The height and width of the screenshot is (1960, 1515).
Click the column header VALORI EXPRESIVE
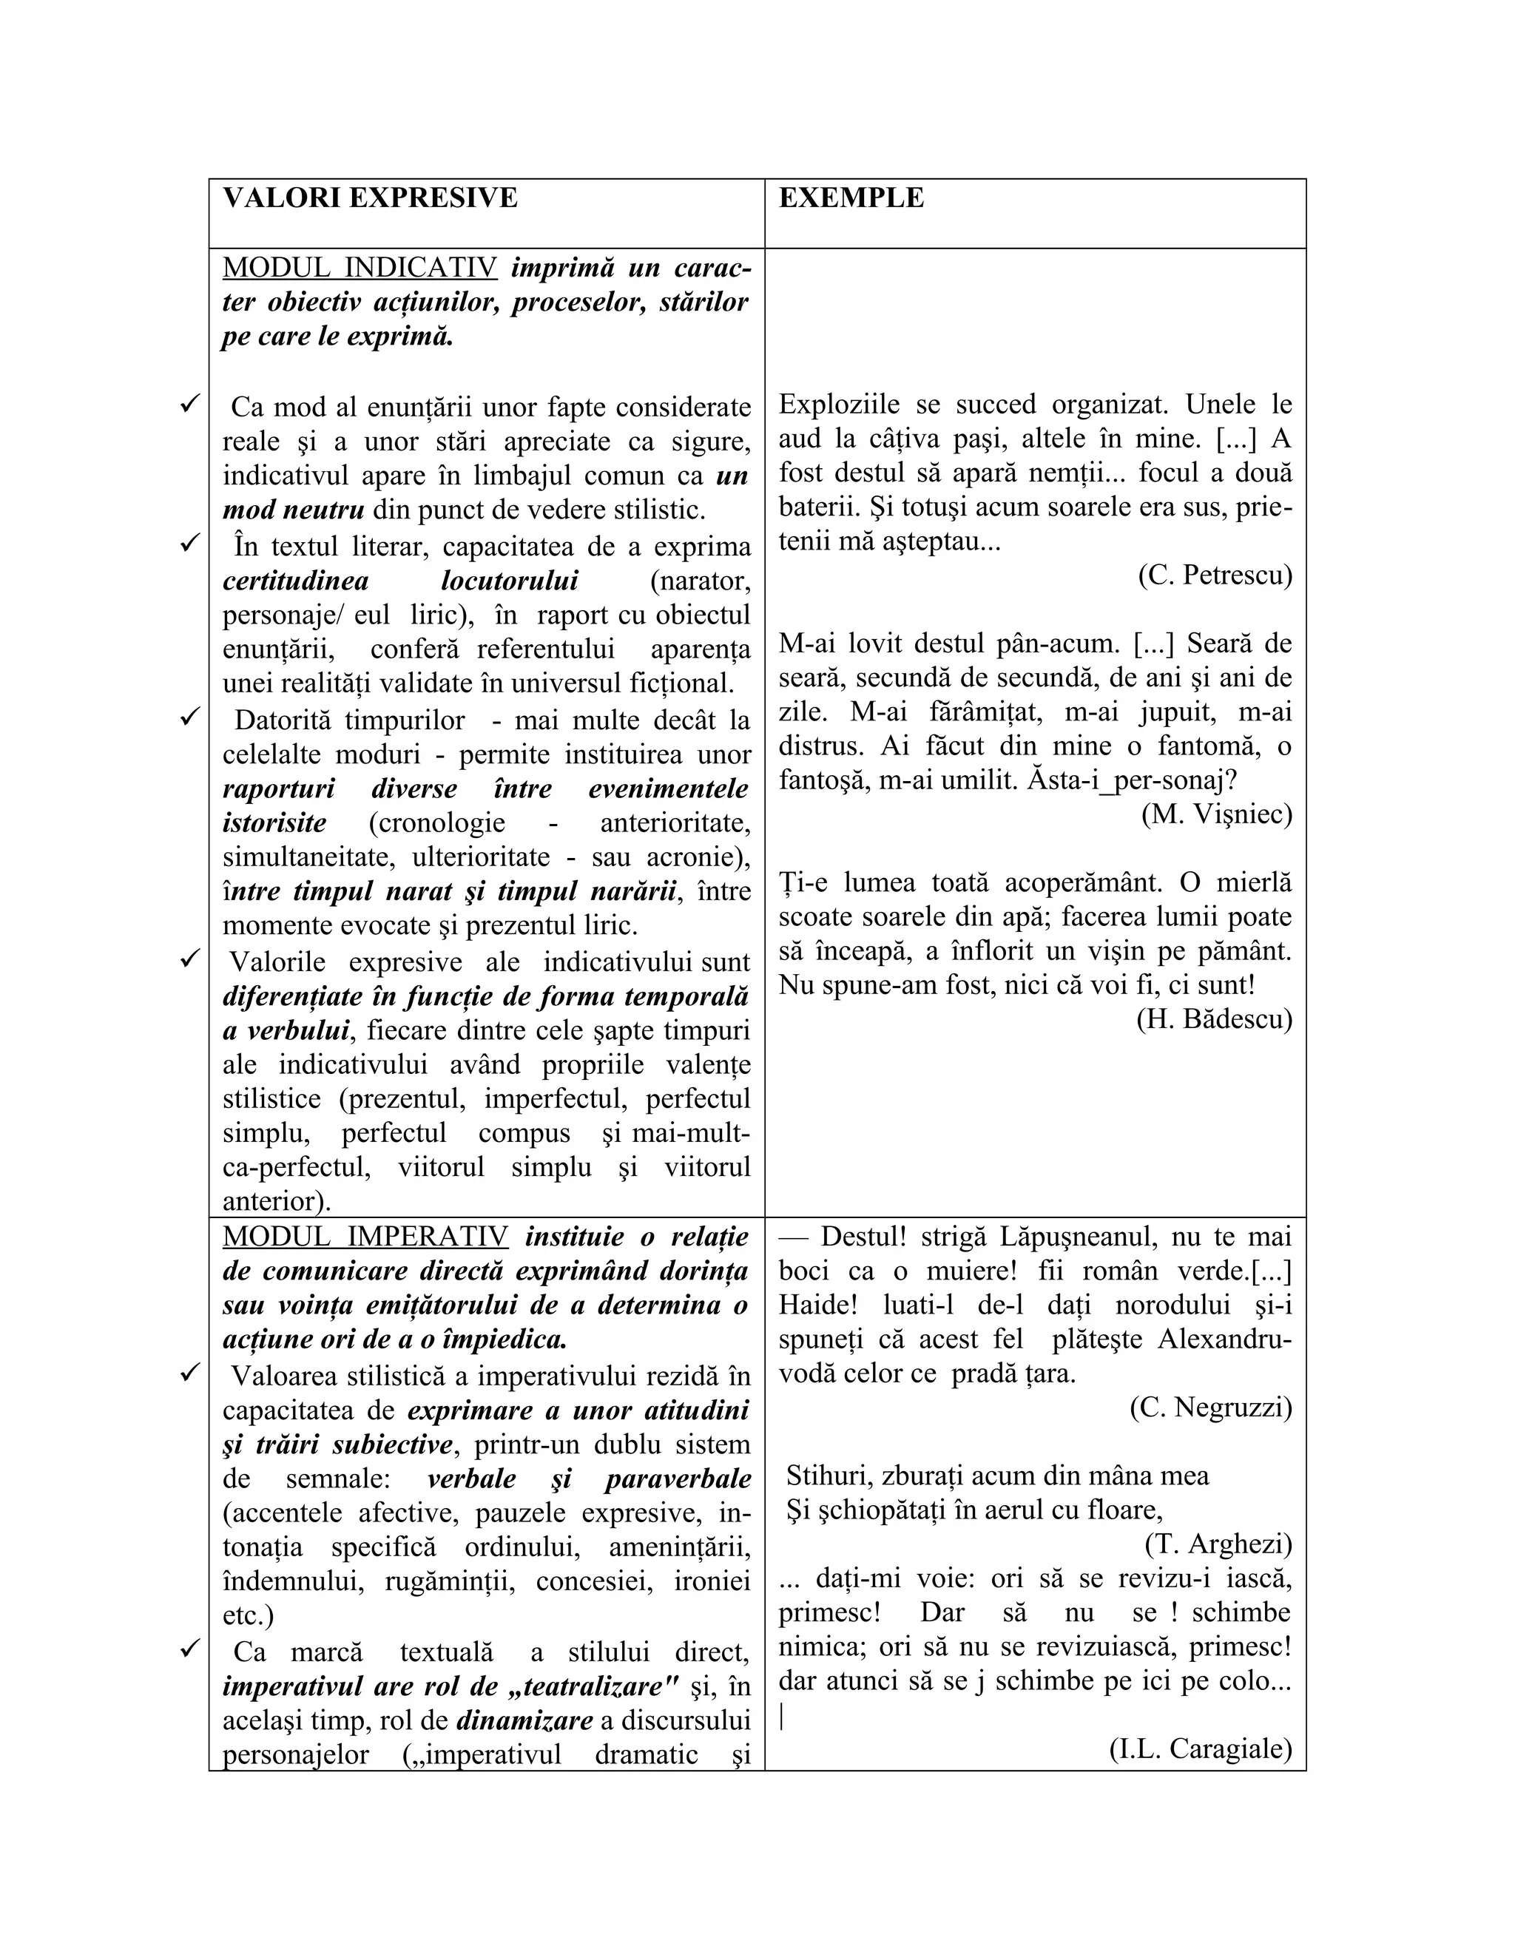coord(370,198)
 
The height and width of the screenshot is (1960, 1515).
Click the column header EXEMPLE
coord(851,198)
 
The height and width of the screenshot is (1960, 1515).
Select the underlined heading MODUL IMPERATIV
coord(365,1237)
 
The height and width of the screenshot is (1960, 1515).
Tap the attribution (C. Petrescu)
coord(1215,575)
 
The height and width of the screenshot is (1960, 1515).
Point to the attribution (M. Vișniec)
coord(1216,814)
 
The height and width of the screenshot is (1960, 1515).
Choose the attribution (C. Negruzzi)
coord(1209,1408)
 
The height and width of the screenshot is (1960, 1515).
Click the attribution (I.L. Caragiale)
coord(1200,1749)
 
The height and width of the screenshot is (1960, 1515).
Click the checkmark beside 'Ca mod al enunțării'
coord(189,405)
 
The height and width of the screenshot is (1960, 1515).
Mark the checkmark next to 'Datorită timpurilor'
coord(189,718)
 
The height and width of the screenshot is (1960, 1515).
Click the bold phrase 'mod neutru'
coord(294,510)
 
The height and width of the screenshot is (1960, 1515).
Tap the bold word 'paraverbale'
coord(678,1479)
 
